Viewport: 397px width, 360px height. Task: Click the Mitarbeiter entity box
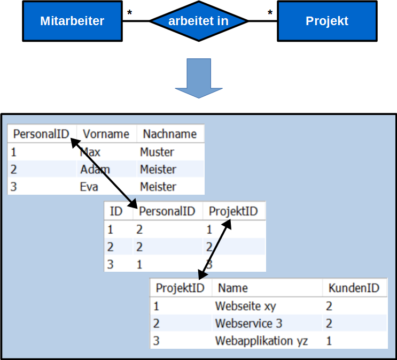click(72, 21)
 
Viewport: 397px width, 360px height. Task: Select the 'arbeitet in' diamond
click(198, 21)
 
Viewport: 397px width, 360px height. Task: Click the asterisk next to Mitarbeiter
click(129, 12)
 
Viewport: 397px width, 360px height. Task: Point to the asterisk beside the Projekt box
click(270, 12)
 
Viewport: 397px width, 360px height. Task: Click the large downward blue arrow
click(199, 78)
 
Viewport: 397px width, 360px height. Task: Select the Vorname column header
click(106, 134)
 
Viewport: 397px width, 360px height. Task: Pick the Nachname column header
click(169, 134)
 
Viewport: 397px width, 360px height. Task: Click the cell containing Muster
click(157, 152)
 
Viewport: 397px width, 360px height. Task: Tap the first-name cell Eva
click(89, 187)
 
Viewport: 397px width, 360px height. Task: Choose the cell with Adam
click(95, 170)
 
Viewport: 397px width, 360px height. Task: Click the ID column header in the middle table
click(116, 211)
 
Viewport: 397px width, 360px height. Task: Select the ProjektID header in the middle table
click(233, 211)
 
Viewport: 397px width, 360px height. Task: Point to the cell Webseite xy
click(245, 306)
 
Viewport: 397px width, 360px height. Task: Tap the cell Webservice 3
click(248, 324)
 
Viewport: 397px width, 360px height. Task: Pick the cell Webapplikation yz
click(261, 341)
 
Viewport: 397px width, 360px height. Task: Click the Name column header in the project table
click(233, 288)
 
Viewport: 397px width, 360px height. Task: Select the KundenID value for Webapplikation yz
click(329, 341)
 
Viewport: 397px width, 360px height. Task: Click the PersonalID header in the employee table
click(41, 134)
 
